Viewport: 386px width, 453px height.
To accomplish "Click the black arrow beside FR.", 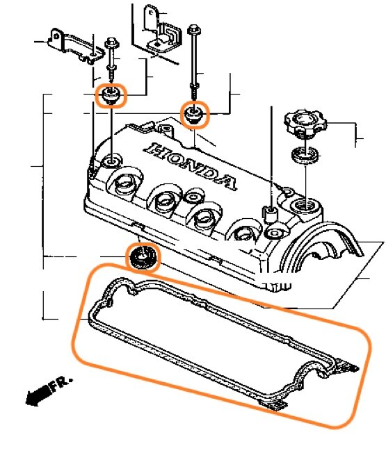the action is click(37, 395).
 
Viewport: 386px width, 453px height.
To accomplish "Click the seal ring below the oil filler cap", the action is click(305, 155).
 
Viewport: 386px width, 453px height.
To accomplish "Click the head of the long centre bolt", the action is click(194, 29).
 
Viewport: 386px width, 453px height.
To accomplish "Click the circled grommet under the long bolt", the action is click(194, 115).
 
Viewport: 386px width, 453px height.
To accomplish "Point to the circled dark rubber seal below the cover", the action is click(143, 257).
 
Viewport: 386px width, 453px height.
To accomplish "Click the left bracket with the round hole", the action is click(76, 47).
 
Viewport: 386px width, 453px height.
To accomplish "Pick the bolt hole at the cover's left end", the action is click(111, 161).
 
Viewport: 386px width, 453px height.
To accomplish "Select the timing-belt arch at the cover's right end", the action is click(321, 245).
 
